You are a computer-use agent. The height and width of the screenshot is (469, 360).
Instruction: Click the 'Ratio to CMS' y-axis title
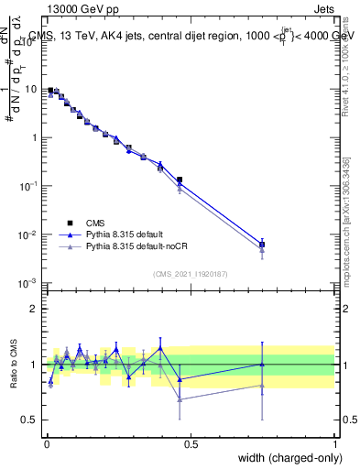tap(14, 364)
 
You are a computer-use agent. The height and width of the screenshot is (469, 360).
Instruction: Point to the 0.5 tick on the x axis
tap(191, 445)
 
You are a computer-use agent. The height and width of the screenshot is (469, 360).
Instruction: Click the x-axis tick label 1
tap(334, 445)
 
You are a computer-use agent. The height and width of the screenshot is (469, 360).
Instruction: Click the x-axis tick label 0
tap(46, 445)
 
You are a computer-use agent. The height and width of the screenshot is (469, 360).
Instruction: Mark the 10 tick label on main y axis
tap(31, 90)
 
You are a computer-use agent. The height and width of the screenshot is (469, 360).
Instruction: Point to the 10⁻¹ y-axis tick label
tap(29, 186)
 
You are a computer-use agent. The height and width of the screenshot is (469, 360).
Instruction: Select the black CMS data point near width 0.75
tap(262, 245)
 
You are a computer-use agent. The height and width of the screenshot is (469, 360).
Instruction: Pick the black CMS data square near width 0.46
tap(180, 180)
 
